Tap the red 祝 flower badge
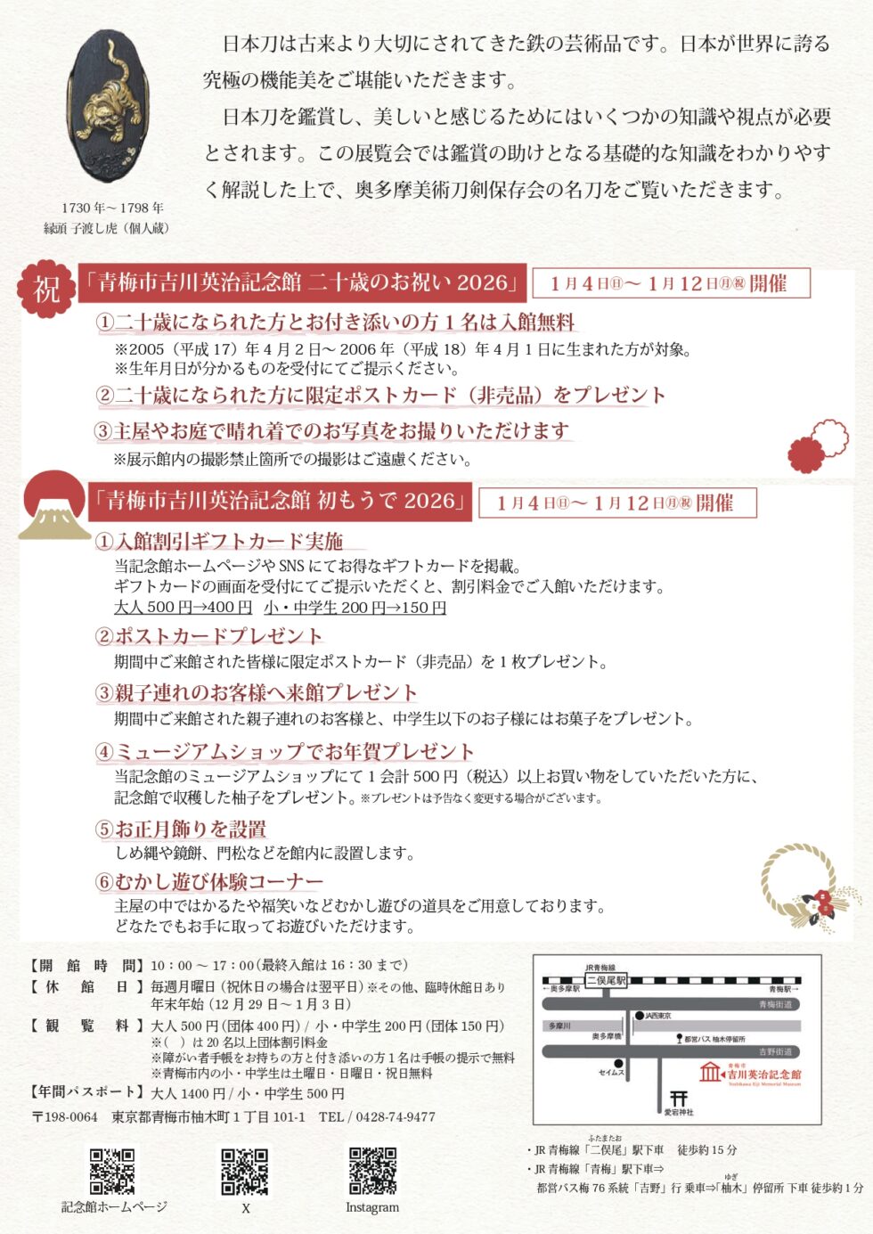(46, 289)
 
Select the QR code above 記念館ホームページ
(112, 1171)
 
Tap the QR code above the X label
(244, 1171)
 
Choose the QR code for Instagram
(372, 1171)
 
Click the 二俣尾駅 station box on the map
(606, 980)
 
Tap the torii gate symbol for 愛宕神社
(679, 1099)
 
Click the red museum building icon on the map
(710, 1072)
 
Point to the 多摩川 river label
(559, 1026)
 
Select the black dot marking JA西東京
(639, 1015)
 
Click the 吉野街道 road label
(774, 1052)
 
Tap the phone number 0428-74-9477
(396, 1116)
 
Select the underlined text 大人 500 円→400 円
(183, 608)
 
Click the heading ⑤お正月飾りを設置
(181, 829)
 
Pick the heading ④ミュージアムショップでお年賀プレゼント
(285, 751)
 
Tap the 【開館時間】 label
(86, 965)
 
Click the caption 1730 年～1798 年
(112, 208)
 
